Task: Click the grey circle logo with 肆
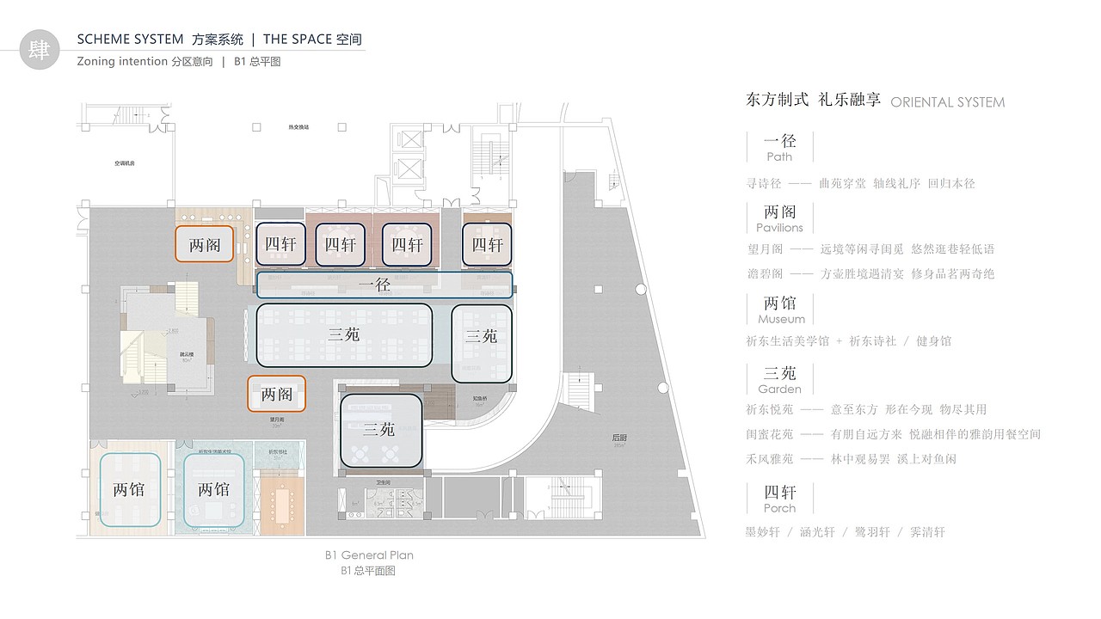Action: pyautogui.click(x=40, y=48)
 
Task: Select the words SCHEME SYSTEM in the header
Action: pyautogui.click(x=130, y=40)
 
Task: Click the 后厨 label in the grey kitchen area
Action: pyautogui.click(x=619, y=438)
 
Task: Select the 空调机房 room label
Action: pyautogui.click(x=126, y=162)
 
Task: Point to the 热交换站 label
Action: pyautogui.click(x=298, y=126)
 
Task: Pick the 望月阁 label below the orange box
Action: pyautogui.click(x=276, y=420)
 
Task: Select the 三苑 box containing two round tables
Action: pyautogui.click(x=381, y=431)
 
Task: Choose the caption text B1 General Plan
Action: pyautogui.click(x=369, y=555)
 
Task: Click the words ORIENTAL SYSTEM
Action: pyautogui.click(x=947, y=102)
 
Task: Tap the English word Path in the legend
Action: pyautogui.click(x=779, y=157)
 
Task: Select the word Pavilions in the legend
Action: pyautogui.click(x=779, y=228)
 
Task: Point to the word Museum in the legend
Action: pyautogui.click(x=781, y=319)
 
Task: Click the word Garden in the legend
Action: pyautogui.click(x=779, y=389)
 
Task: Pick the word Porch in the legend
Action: pyautogui.click(x=779, y=508)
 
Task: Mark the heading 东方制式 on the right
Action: pyautogui.click(x=778, y=100)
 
